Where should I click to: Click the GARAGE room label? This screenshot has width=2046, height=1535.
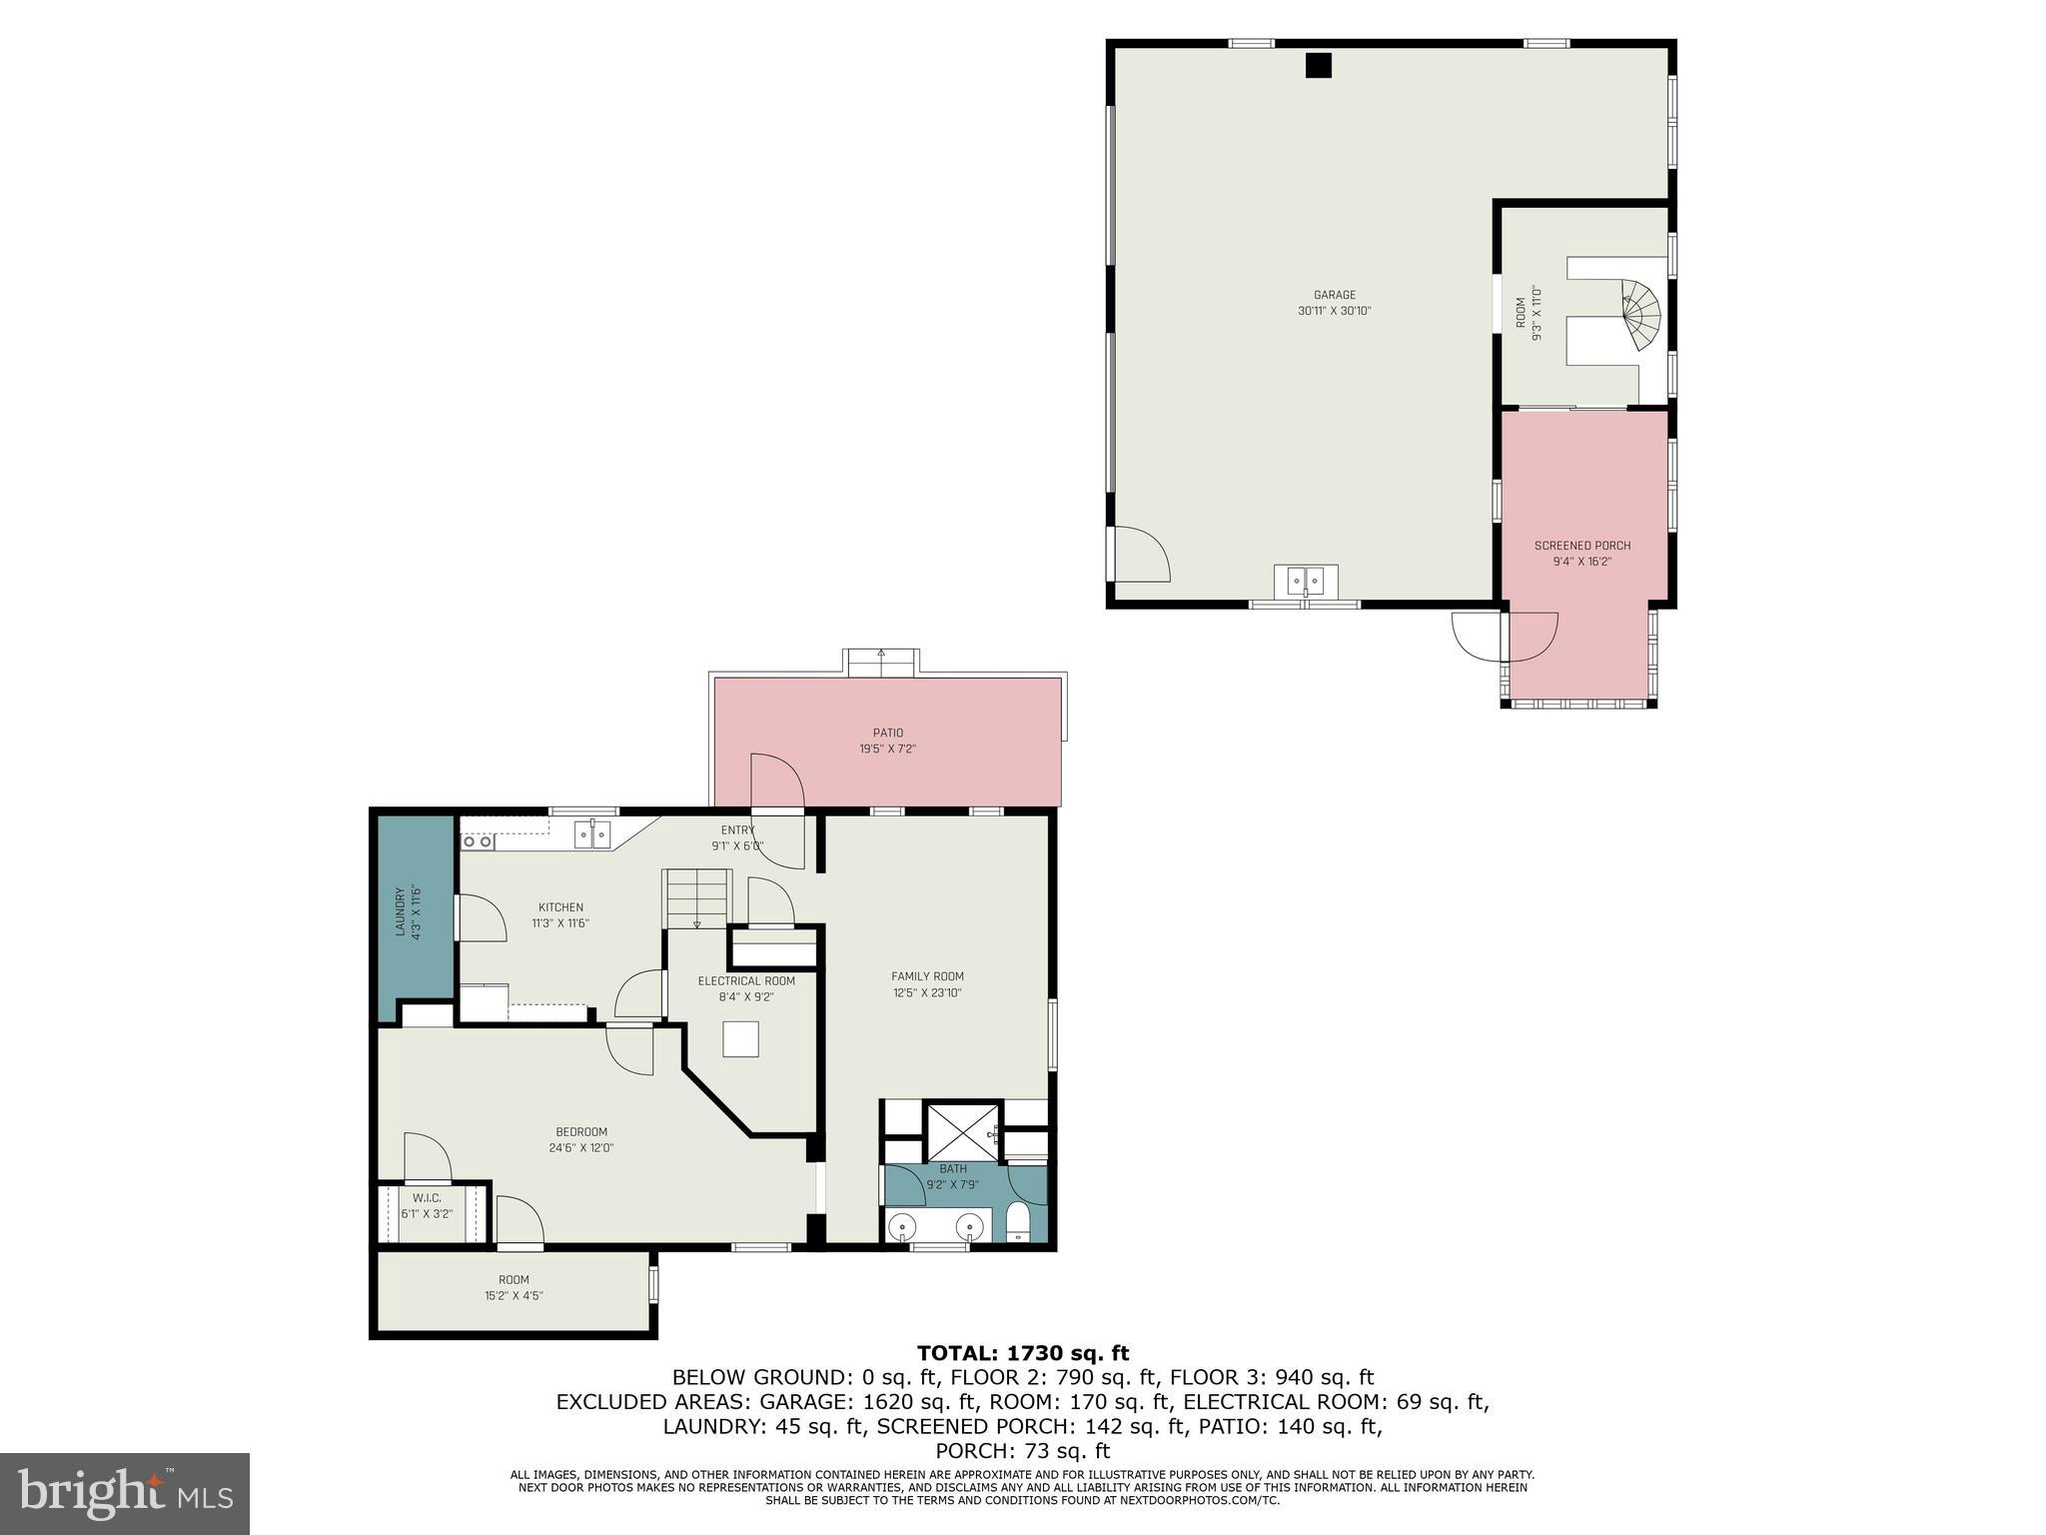pos(1334,295)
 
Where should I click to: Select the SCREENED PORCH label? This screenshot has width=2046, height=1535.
pos(1581,546)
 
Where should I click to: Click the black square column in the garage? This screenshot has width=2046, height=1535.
pos(1319,65)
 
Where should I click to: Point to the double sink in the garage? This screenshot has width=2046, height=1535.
pos(1306,581)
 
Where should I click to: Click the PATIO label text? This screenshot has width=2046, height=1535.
pos(887,733)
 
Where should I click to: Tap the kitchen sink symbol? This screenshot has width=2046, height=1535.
pos(592,833)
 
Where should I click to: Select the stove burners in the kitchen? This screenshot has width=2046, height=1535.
pos(478,842)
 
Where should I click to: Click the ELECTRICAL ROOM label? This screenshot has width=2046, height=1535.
pos(746,981)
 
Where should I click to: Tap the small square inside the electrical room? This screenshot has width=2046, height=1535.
pos(741,1038)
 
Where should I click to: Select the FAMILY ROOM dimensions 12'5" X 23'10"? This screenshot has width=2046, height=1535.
pos(927,993)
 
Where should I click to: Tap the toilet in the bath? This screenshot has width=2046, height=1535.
pos(1018,1221)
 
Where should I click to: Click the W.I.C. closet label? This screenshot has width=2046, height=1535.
pos(427,1197)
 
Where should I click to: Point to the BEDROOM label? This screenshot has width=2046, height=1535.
pos(580,1132)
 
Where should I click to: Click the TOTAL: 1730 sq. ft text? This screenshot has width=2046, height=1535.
pos(1022,1354)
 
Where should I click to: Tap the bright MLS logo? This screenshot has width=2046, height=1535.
pos(125,1493)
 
